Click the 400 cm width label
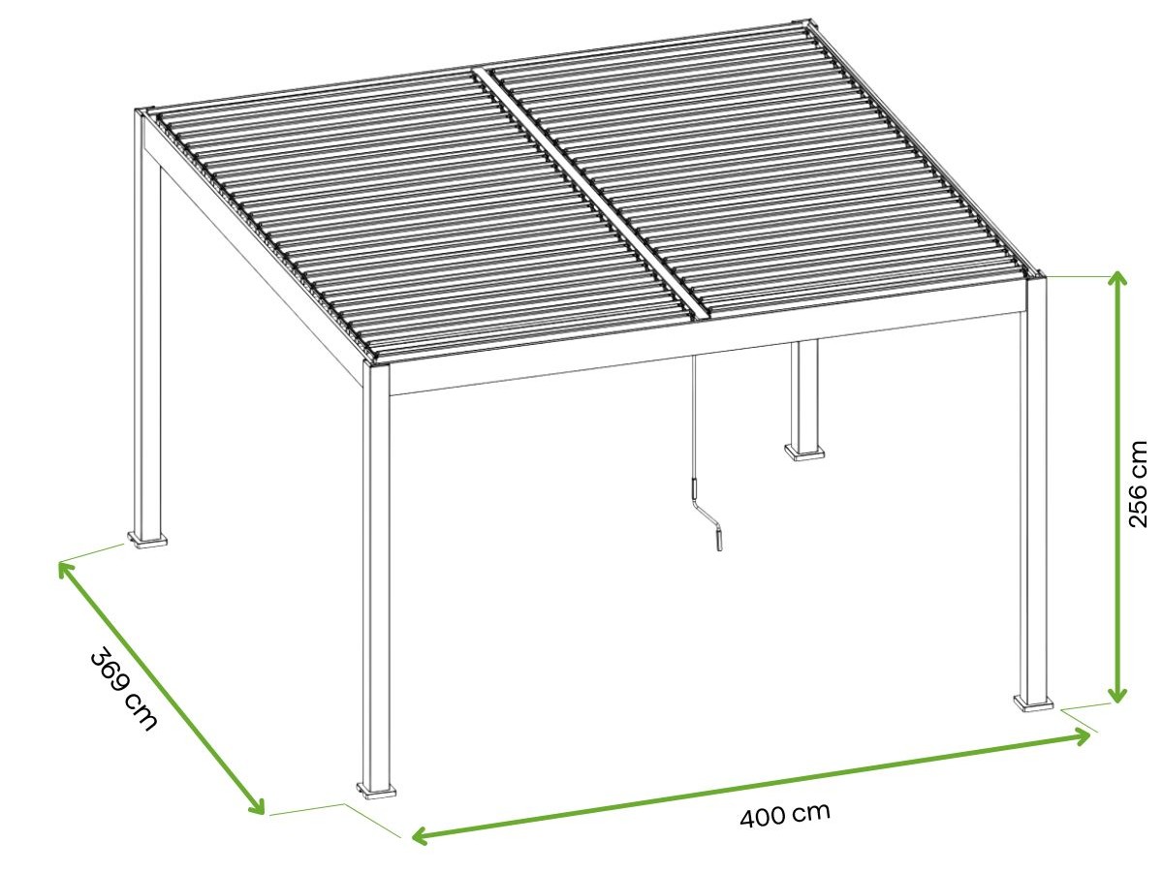[x=785, y=815]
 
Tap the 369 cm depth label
[x=123, y=689]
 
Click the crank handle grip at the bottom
[x=719, y=541]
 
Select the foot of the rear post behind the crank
[x=804, y=451]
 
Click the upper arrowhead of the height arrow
[x=1118, y=281]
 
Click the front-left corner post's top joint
[x=376, y=365]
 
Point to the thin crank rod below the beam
[x=693, y=419]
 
